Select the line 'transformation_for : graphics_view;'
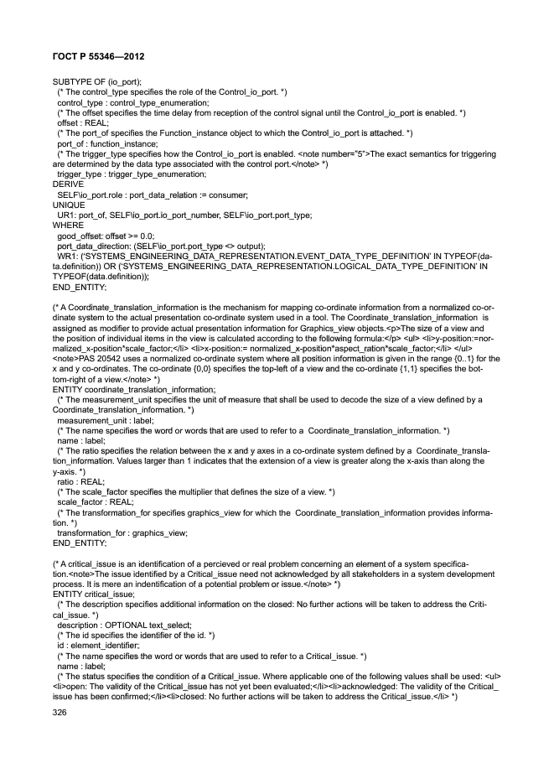click(122, 532)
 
